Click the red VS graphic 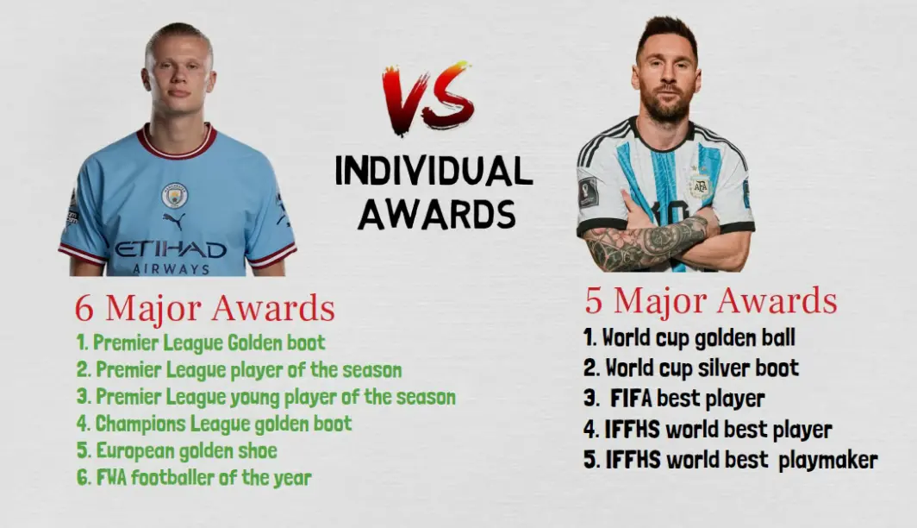point(428,97)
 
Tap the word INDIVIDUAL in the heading point(434,172)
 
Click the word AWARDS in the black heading point(437,214)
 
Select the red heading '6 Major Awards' point(205,308)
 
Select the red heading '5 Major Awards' point(711,300)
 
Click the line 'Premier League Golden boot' point(201,343)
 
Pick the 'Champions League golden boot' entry point(214,424)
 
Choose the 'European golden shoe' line point(177,450)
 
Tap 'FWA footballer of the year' point(194,478)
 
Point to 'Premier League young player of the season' point(265,397)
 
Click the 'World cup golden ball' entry point(689,337)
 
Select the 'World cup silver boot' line point(691,368)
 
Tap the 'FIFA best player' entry point(674,399)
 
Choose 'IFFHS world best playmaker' point(731,460)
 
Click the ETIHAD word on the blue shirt point(170,250)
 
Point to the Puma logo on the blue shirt point(174,220)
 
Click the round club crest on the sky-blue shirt point(174,195)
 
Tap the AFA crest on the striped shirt point(699,186)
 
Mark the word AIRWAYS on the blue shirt point(171,268)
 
